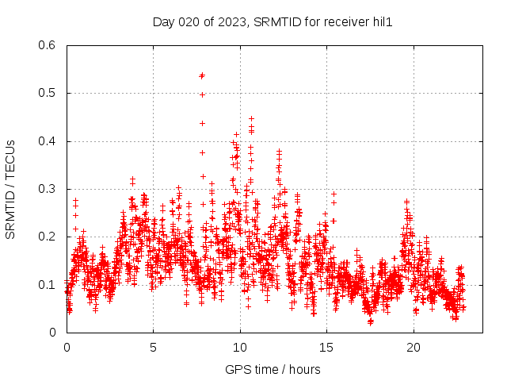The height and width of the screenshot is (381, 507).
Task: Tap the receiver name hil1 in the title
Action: tap(380, 21)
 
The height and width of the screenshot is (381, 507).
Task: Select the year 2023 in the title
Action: tap(230, 21)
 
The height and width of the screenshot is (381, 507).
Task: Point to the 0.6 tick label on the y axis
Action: tap(47, 45)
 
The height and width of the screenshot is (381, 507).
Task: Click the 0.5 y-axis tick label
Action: tap(47, 93)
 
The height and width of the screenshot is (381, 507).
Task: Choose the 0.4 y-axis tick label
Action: tap(47, 141)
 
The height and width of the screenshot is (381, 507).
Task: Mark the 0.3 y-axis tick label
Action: tap(47, 189)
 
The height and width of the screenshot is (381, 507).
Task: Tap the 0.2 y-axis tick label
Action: tap(47, 237)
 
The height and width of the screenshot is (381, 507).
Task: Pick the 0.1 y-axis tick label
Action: tap(47, 284)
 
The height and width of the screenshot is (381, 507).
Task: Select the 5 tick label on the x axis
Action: tap(154, 348)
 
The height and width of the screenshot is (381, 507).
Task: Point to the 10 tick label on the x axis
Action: tap(240, 348)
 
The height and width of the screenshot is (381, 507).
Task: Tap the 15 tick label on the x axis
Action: tap(326, 348)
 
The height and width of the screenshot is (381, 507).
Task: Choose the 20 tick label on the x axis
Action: tap(413, 348)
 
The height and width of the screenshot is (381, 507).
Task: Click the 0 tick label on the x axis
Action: tap(67, 348)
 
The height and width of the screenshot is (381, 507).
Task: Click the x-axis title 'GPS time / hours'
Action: tap(273, 369)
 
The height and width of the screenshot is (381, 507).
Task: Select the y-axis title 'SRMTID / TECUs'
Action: tap(11, 189)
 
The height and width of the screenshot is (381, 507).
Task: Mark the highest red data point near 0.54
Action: tap(202, 75)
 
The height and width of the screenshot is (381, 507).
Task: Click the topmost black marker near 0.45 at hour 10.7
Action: tap(251, 118)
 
